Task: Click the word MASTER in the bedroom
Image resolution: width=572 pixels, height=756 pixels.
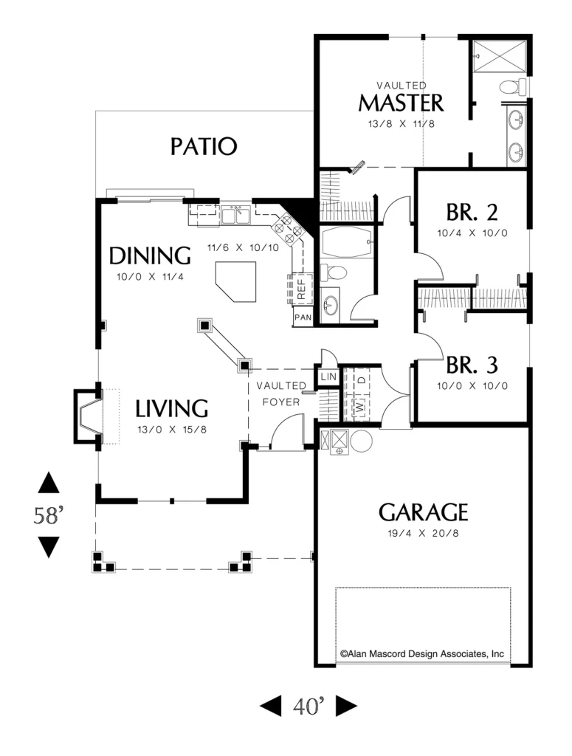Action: pos(401,103)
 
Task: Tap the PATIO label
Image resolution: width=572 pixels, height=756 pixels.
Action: pos(204,146)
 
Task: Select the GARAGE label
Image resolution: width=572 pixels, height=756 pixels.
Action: pos(423,512)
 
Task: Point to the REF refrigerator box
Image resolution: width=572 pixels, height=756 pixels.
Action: pos(300,289)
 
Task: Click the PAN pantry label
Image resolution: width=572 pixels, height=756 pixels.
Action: pos(303,317)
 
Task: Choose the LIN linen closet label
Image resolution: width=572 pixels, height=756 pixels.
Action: pos(328,377)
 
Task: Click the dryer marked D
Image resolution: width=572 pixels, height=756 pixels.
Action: pos(361,379)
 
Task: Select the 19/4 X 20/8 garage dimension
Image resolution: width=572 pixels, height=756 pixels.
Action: pos(423,533)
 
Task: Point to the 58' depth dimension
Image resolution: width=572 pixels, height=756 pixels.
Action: pos(48,515)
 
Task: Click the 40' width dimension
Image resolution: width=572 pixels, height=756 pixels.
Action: pos(309,707)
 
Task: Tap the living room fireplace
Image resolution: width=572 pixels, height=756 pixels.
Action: pos(88,416)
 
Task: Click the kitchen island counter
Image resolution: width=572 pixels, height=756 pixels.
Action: pos(236,281)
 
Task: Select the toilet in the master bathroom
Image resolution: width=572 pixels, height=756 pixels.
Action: pos(513,87)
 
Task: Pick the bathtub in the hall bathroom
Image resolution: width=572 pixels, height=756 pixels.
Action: pos(346,241)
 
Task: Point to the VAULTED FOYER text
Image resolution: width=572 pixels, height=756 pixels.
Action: pos(281,394)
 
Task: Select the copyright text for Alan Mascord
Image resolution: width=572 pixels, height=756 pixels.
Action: pos(421,654)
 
